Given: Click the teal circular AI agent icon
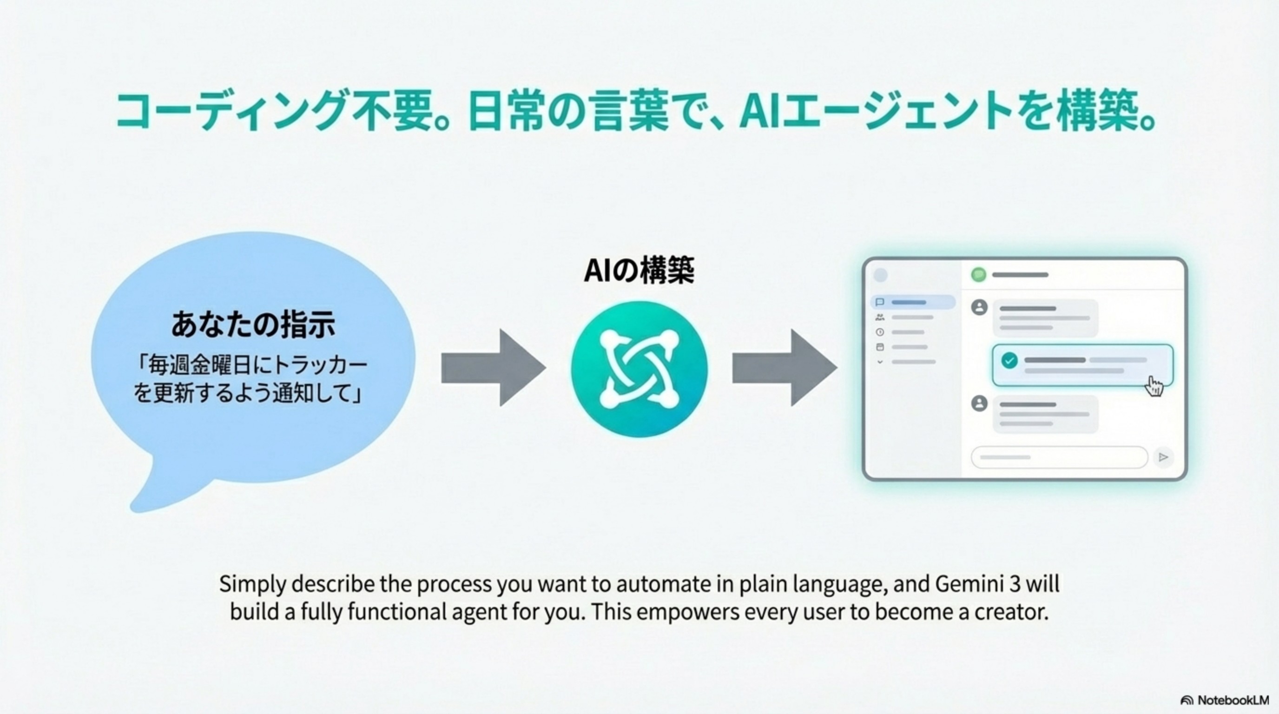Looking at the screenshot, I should pyautogui.click(x=639, y=369).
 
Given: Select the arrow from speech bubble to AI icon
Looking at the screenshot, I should pyautogui.click(x=493, y=368).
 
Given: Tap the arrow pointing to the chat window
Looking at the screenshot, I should pyautogui.click(x=784, y=368).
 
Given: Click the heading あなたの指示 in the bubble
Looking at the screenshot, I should pyautogui.click(x=253, y=325).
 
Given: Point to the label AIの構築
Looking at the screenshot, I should pyautogui.click(x=639, y=271).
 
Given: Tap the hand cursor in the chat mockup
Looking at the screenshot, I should pyautogui.click(x=1155, y=386).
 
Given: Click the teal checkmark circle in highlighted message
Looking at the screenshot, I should pyautogui.click(x=1009, y=360).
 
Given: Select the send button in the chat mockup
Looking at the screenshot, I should pyautogui.click(x=1163, y=457).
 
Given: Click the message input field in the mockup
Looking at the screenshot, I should pyautogui.click(x=1059, y=457).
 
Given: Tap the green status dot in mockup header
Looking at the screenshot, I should pyautogui.click(x=978, y=275).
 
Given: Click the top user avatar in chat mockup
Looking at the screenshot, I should pyautogui.click(x=979, y=307).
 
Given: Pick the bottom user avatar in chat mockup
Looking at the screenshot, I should pyautogui.click(x=979, y=403).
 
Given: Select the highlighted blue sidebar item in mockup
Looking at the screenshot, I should pyautogui.click(x=913, y=302).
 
